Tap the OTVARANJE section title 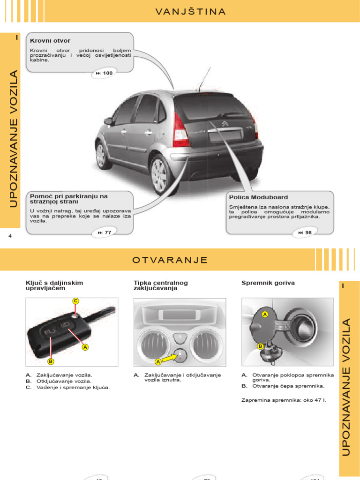(170, 260)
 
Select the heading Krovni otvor (50, 41)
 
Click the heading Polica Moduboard (258, 197)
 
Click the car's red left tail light (180, 130)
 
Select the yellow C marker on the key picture (75, 300)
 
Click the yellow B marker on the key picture (51, 361)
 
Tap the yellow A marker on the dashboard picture (158, 361)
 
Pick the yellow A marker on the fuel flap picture (264, 314)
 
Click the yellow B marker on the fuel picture (260, 346)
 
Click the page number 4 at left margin (10, 236)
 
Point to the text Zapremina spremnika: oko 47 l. (283, 400)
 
